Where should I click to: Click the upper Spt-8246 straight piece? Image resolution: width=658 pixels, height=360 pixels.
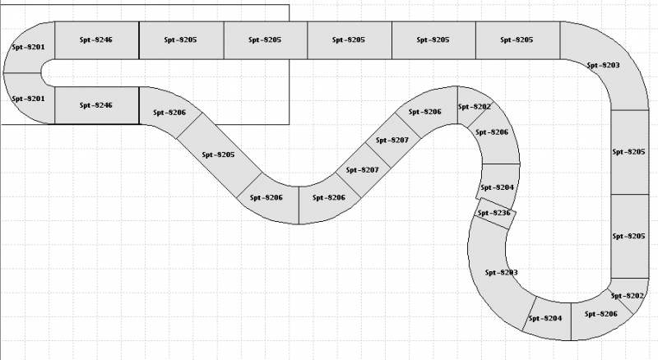pyautogui.click(x=96, y=39)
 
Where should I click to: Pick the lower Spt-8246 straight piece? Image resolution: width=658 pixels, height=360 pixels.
pyautogui.click(x=96, y=104)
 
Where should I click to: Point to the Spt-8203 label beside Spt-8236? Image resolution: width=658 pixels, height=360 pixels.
pyautogui.click(x=500, y=272)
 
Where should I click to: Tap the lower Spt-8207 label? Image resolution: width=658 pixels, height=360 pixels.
pyautogui.click(x=362, y=170)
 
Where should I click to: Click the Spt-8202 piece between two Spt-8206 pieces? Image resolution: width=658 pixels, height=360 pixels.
pyautogui.click(x=474, y=107)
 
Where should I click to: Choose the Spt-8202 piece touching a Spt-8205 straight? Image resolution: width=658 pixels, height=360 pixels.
pyautogui.click(x=628, y=295)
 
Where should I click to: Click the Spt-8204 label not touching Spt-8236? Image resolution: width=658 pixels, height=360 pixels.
pyautogui.click(x=544, y=318)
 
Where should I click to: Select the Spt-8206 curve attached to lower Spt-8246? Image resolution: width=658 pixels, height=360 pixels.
pyautogui.click(x=169, y=112)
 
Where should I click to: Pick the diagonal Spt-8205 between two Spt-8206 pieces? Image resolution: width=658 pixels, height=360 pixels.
pyautogui.click(x=218, y=155)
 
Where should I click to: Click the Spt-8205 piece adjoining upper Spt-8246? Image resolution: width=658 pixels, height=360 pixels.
pyautogui.click(x=181, y=39)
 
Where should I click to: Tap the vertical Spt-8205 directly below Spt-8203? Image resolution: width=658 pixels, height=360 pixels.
pyautogui.click(x=629, y=151)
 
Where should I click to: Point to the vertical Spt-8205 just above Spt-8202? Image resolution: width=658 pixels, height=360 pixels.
pyautogui.click(x=629, y=236)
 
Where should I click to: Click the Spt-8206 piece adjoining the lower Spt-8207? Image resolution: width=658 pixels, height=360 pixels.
pyautogui.click(x=328, y=197)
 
